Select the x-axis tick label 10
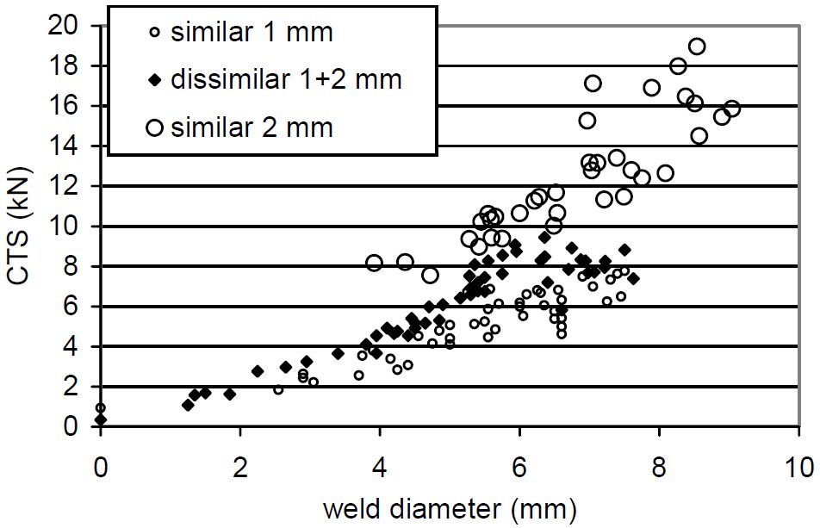(x=798, y=468)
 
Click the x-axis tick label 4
(x=380, y=468)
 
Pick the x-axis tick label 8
(x=659, y=468)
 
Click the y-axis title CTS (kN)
(x=21, y=226)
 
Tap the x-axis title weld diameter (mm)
(x=450, y=509)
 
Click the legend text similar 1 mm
(x=252, y=33)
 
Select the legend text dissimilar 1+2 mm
(x=286, y=79)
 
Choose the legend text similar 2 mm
(x=252, y=127)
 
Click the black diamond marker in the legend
(x=155, y=80)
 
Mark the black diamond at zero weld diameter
(x=101, y=419)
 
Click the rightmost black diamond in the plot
(x=633, y=279)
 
